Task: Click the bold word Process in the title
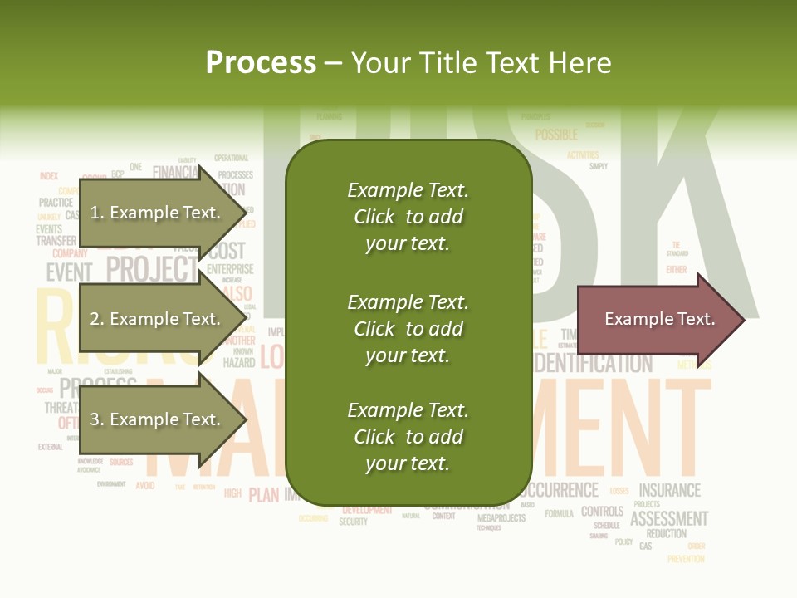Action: coord(261,63)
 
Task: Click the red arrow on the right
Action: coord(660,319)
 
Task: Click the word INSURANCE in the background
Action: coord(669,490)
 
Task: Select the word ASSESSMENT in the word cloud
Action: coord(669,519)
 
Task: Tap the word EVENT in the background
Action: coord(69,272)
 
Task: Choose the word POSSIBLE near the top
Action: coord(556,135)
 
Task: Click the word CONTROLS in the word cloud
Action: coord(602,512)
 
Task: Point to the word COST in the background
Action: coord(227,251)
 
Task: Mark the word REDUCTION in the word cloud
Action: coord(666,534)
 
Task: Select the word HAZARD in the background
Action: coord(239,363)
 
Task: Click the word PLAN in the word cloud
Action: coord(263,495)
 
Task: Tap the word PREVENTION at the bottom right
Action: coord(686,559)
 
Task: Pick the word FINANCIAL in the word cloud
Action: coord(175,173)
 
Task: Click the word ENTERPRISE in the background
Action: coord(230,269)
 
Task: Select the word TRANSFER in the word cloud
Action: coord(56,241)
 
